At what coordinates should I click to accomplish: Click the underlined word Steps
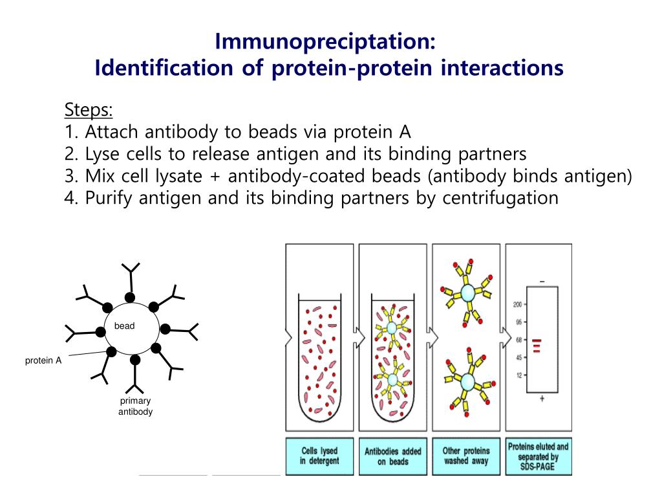pos(89,110)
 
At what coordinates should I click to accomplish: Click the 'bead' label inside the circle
pos(124,326)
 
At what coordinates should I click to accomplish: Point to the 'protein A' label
pos(43,360)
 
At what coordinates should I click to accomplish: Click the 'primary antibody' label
pos(135,406)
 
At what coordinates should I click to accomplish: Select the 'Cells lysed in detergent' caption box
pos(319,456)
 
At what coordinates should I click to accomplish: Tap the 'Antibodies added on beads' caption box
pos(392,456)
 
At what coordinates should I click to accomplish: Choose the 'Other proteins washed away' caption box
pos(466,456)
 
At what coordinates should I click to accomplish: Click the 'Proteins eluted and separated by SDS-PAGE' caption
pos(538,456)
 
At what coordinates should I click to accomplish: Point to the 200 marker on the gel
pos(517,304)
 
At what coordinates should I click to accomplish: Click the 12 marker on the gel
pos(518,375)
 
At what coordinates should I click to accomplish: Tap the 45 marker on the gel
pos(518,357)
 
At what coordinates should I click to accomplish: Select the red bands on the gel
pos(537,346)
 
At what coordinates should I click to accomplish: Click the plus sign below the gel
pos(541,399)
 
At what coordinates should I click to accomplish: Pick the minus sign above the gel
pos(541,281)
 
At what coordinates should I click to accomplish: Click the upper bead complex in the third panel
pos(467,293)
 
